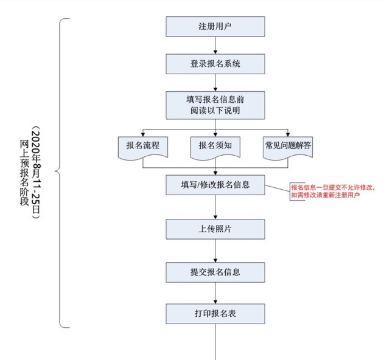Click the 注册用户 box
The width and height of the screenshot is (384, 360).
pos(215,27)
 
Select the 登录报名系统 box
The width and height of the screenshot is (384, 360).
pos(215,63)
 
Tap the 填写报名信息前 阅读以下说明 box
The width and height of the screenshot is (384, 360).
pos(215,104)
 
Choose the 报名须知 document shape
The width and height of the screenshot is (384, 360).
pos(215,147)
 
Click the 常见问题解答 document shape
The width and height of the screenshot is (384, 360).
pos(288,147)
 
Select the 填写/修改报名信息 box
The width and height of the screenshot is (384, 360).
pos(215,184)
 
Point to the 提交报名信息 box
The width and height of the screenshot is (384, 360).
pos(215,271)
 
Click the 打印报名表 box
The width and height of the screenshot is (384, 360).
pos(215,314)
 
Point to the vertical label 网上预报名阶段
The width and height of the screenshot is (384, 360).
pos(24,173)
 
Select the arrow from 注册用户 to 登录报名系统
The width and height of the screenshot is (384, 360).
pos(215,45)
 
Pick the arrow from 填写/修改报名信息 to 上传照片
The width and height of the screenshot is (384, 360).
pos(215,207)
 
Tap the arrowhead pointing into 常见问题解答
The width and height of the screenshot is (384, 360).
pos(288,133)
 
